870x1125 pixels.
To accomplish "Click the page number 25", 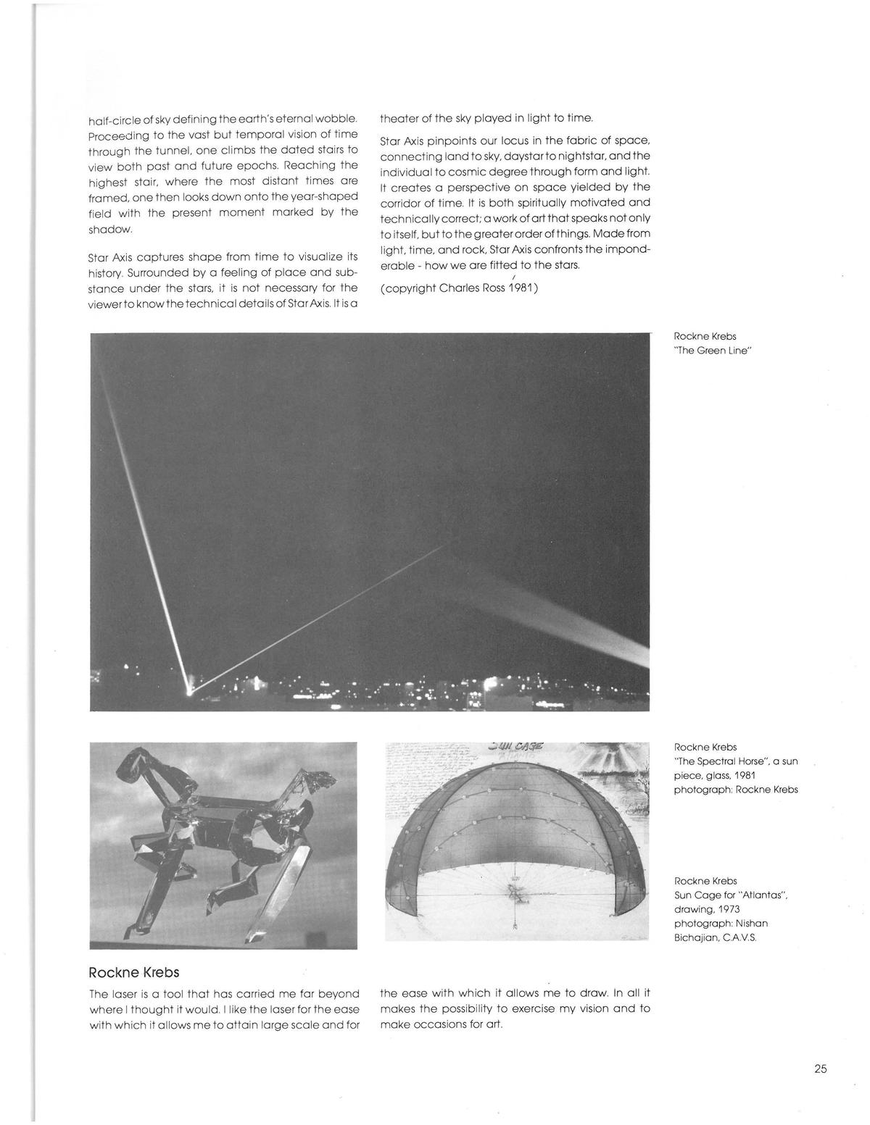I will [x=820, y=1068].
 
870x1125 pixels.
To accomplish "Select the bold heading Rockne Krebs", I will [x=133, y=972].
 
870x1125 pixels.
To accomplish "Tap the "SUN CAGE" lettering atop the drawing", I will [x=510, y=747].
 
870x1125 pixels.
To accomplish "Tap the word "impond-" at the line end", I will [x=626, y=249].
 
